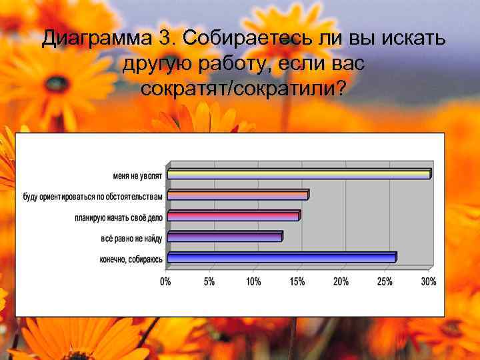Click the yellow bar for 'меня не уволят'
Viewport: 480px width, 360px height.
[299, 175]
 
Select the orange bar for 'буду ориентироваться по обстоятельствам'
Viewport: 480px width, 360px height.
[237, 195]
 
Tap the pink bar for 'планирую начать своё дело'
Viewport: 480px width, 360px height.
[233, 216]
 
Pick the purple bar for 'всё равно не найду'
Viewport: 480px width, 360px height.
[225, 237]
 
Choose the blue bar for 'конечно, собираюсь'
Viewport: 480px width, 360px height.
[281, 257]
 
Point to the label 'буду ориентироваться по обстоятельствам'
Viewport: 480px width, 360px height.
[93, 197]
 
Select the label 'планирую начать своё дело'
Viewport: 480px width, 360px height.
[119, 218]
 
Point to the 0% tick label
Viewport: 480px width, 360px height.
[165, 282]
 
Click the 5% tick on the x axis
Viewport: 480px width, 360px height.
[209, 282]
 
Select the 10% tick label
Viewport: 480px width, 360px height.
[253, 282]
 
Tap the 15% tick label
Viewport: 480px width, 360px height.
[297, 282]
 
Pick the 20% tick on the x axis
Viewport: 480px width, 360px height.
[341, 282]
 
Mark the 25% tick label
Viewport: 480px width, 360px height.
[385, 282]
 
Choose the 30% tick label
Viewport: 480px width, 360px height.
[429, 282]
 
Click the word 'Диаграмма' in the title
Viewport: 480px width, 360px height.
[96, 40]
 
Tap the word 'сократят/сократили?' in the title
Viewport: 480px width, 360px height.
[243, 88]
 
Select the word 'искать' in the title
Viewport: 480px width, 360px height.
[413, 40]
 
